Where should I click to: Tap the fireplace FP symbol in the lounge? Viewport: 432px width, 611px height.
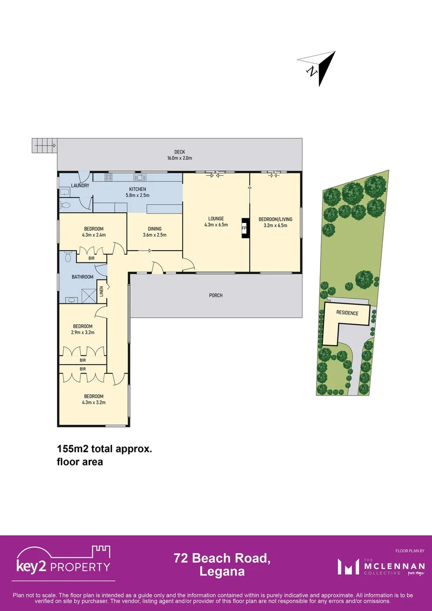tap(244, 229)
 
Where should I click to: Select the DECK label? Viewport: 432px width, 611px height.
tap(180, 152)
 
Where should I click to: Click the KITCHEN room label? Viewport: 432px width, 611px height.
tap(137, 189)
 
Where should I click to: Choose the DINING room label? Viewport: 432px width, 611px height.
tap(154, 229)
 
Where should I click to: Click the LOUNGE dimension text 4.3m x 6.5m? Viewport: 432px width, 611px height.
tap(216, 225)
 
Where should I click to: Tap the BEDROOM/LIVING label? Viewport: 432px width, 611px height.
tap(273, 218)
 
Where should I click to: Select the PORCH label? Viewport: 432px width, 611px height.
tap(215, 295)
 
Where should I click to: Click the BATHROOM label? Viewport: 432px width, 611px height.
tap(83, 277)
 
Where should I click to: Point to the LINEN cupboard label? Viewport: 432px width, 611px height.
tap(102, 291)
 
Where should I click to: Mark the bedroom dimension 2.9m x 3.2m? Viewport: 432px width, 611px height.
tap(83, 332)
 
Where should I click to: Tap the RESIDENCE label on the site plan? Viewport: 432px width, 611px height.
tap(347, 313)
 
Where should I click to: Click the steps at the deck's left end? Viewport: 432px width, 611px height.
tap(44, 146)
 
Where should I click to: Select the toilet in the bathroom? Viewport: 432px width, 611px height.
tap(67, 257)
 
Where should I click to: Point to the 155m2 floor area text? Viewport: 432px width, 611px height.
tap(105, 449)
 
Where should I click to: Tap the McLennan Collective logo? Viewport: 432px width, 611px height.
tap(375, 566)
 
